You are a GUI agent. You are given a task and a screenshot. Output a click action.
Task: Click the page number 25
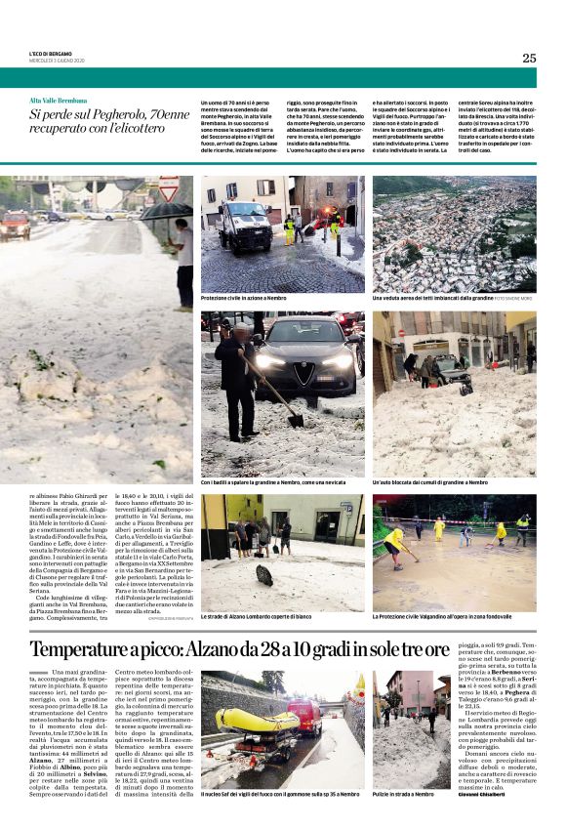point(528,58)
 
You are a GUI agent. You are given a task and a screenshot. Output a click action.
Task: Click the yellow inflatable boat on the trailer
point(257,721)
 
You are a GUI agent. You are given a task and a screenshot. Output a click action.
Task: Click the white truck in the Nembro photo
point(245,225)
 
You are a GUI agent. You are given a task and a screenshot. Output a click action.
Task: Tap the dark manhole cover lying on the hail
point(265,576)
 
